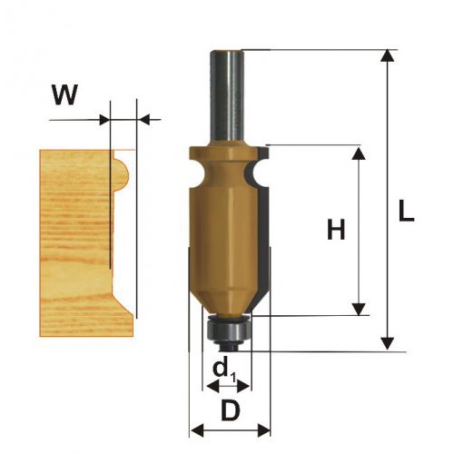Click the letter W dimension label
[65, 94]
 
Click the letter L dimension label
[406, 211]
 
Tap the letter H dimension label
[336, 229]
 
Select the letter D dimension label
[231, 410]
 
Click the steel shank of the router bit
[227, 98]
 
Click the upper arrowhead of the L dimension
[387, 56]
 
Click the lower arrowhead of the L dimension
[387, 343]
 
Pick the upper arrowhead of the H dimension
[359, 153]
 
